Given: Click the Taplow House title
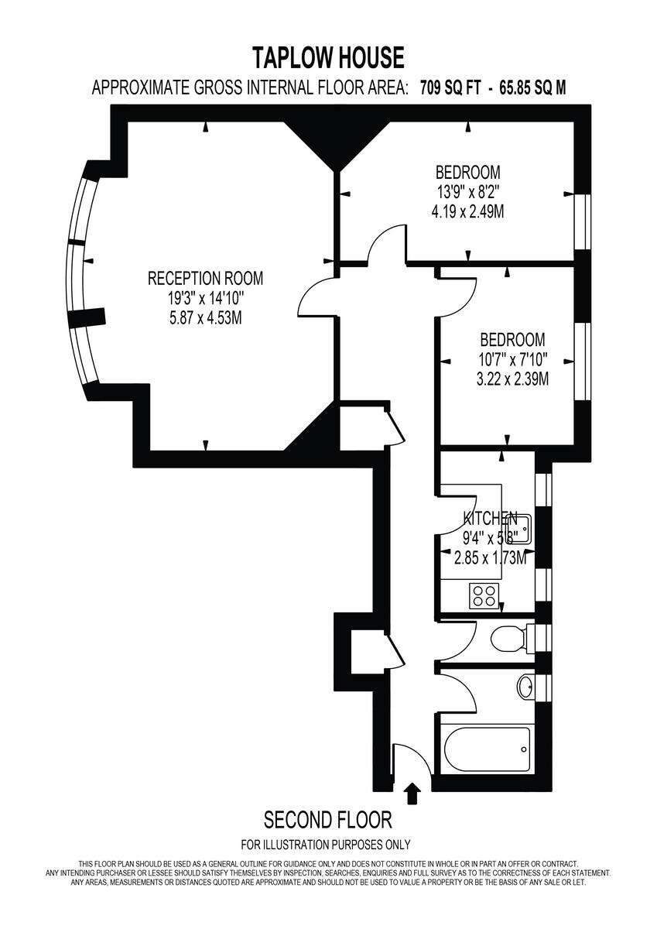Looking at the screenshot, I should (x=328, y=57).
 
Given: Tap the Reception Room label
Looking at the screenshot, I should (x=205, y=278).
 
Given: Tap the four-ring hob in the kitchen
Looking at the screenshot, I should (x=484, y=595).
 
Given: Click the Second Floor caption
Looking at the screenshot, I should (x=328, y=819).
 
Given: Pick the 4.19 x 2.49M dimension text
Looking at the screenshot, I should (x=467, y=211).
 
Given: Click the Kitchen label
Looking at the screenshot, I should (x=490, y=518).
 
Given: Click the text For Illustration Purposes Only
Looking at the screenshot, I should (x=326, y=845).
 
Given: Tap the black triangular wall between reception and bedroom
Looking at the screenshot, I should (x=334, y=142).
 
